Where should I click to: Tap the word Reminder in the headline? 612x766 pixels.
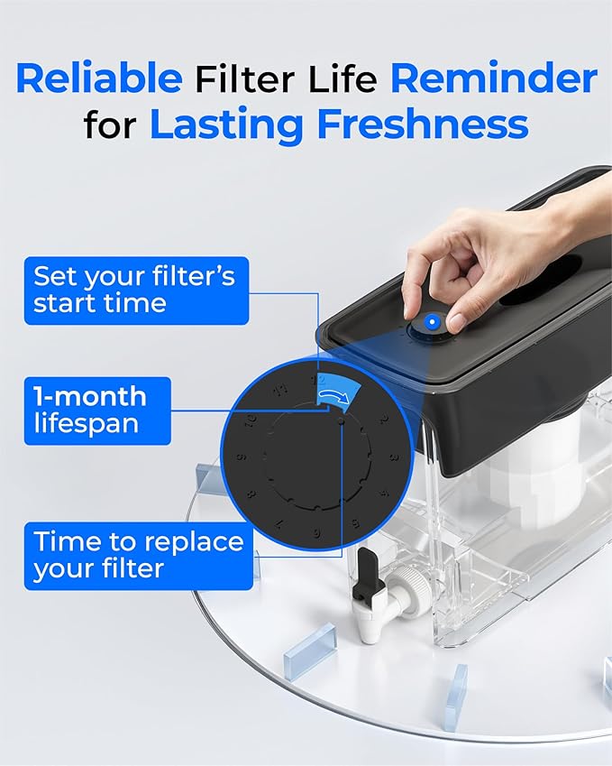pos(493,78)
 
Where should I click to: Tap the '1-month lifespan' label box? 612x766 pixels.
pos(96,411)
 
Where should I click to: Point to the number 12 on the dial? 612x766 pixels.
pos(316,380)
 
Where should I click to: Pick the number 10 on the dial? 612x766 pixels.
pos(250,418)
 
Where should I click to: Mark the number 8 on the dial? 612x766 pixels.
pos(250,494)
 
